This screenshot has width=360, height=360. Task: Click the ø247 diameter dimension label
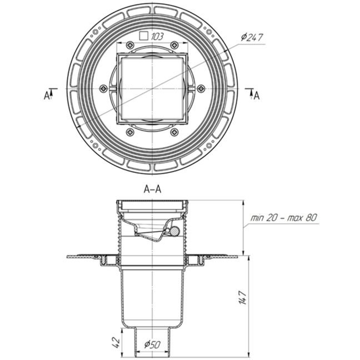(252, 37)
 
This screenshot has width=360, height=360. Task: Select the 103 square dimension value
(157, 37)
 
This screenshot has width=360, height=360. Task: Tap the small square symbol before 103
(144, 36)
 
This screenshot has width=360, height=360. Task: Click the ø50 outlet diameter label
(152, 344)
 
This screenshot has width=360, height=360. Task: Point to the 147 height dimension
(243, 298)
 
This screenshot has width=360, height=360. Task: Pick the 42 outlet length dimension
(117, 343)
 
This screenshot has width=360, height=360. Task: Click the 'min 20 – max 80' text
(284, 217)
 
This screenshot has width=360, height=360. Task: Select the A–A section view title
(152, 189)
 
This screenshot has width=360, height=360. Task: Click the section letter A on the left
(47, 96)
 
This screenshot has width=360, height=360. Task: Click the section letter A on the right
(257, 96)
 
